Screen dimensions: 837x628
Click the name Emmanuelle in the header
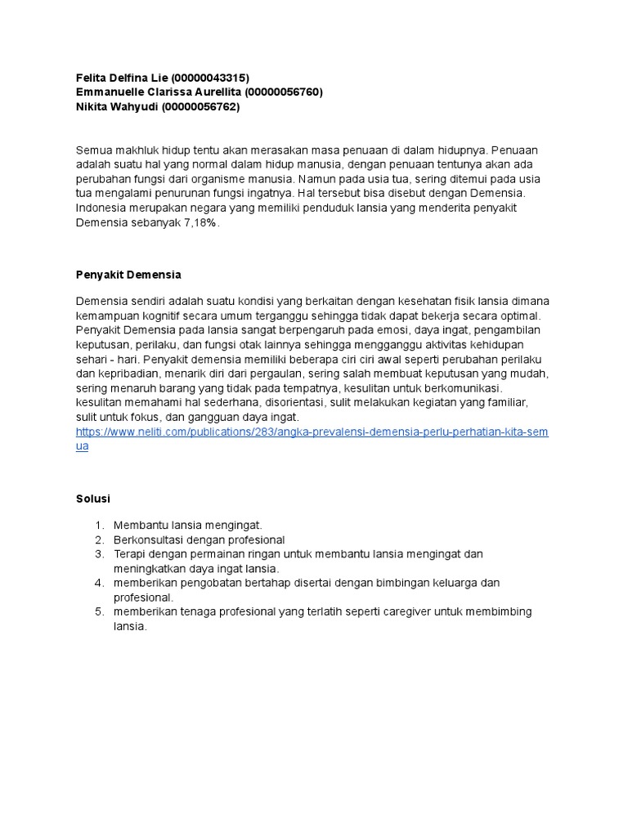pos(110,92)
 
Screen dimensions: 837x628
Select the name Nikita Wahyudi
pos(117,107)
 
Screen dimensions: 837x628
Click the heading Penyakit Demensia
pos(128,274)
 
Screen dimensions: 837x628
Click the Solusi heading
pos(92,498)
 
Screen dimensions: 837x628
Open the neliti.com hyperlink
pos(312,432)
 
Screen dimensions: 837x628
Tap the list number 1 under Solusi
pos(98,525)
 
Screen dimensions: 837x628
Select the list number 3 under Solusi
pos(98,554)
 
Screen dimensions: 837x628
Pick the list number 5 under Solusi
pos(98,612)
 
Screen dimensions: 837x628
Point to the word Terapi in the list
pos(131,554)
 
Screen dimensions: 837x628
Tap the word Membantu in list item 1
pos(140,525)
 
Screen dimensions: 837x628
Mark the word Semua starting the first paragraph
pos(92,150)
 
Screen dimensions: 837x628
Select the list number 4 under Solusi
pos(98,583)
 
